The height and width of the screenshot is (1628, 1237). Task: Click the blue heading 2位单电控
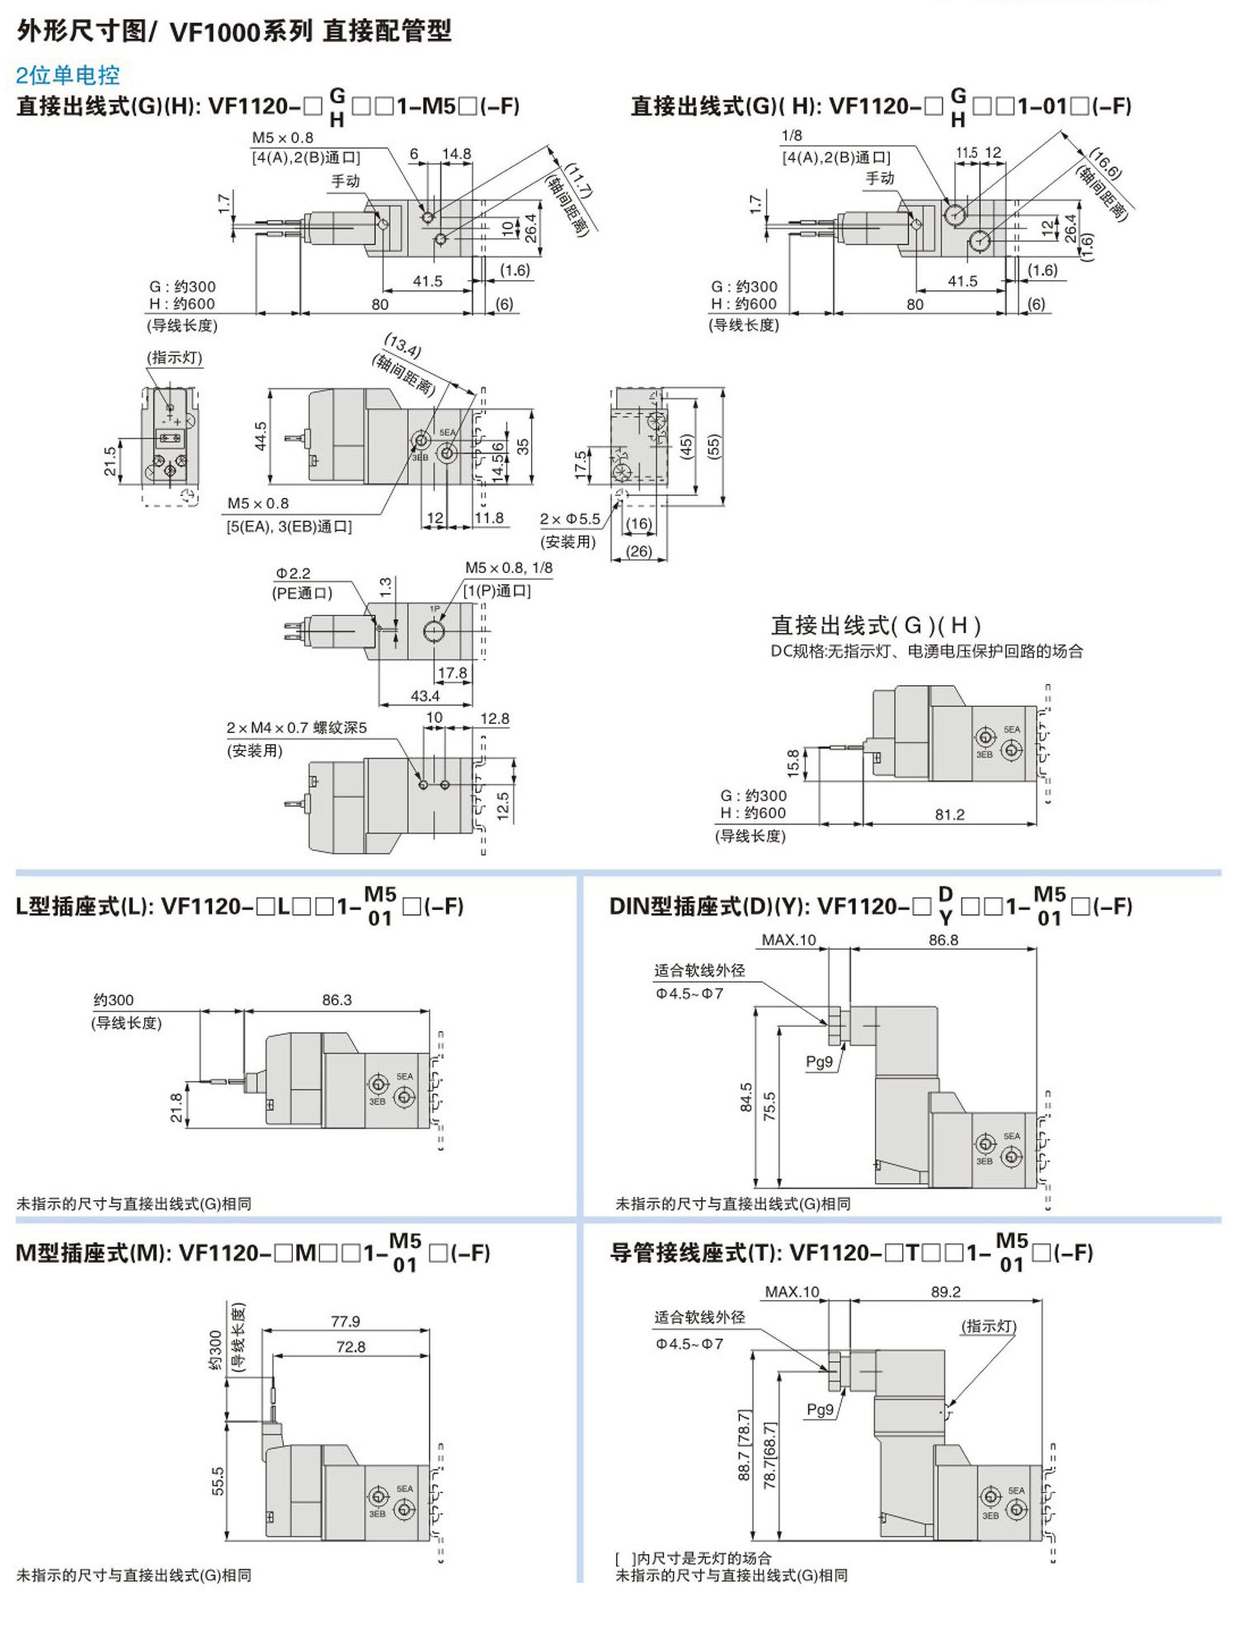click(68, 76)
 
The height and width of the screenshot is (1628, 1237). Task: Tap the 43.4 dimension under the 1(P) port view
click(425, 696)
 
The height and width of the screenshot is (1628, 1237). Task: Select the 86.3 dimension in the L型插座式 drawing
click(336, 1000)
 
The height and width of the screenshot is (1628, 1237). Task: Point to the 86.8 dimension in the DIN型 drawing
click(943, 940)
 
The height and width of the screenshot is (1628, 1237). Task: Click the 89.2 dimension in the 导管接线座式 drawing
click(945, 1292)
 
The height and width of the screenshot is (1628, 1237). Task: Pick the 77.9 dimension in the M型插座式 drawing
click(346, 1321)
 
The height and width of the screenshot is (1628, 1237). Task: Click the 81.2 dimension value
click(949, 814)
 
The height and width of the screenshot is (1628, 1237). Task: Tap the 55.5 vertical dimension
click(218, 1481)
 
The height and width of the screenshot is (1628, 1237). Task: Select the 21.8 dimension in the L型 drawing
click(176, 1107)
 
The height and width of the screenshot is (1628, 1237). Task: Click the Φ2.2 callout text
click(294, 573)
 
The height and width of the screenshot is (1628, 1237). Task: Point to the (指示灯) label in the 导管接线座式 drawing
click(988, 1326)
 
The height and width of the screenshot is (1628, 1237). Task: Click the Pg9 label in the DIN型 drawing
click(819, 1062)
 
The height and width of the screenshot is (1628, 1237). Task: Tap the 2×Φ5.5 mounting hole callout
click(570, 519)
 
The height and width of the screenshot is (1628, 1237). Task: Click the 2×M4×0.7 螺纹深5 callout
click(296, 728)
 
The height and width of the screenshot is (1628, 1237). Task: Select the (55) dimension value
click(714, 446)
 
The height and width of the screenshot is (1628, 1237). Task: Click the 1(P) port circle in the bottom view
click(434, 631)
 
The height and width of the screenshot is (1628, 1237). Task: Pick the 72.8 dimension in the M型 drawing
click(350, 1347)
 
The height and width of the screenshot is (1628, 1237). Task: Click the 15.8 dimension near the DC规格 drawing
click(793, 763)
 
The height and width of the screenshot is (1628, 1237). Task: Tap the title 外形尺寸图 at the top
click(79, 31)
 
